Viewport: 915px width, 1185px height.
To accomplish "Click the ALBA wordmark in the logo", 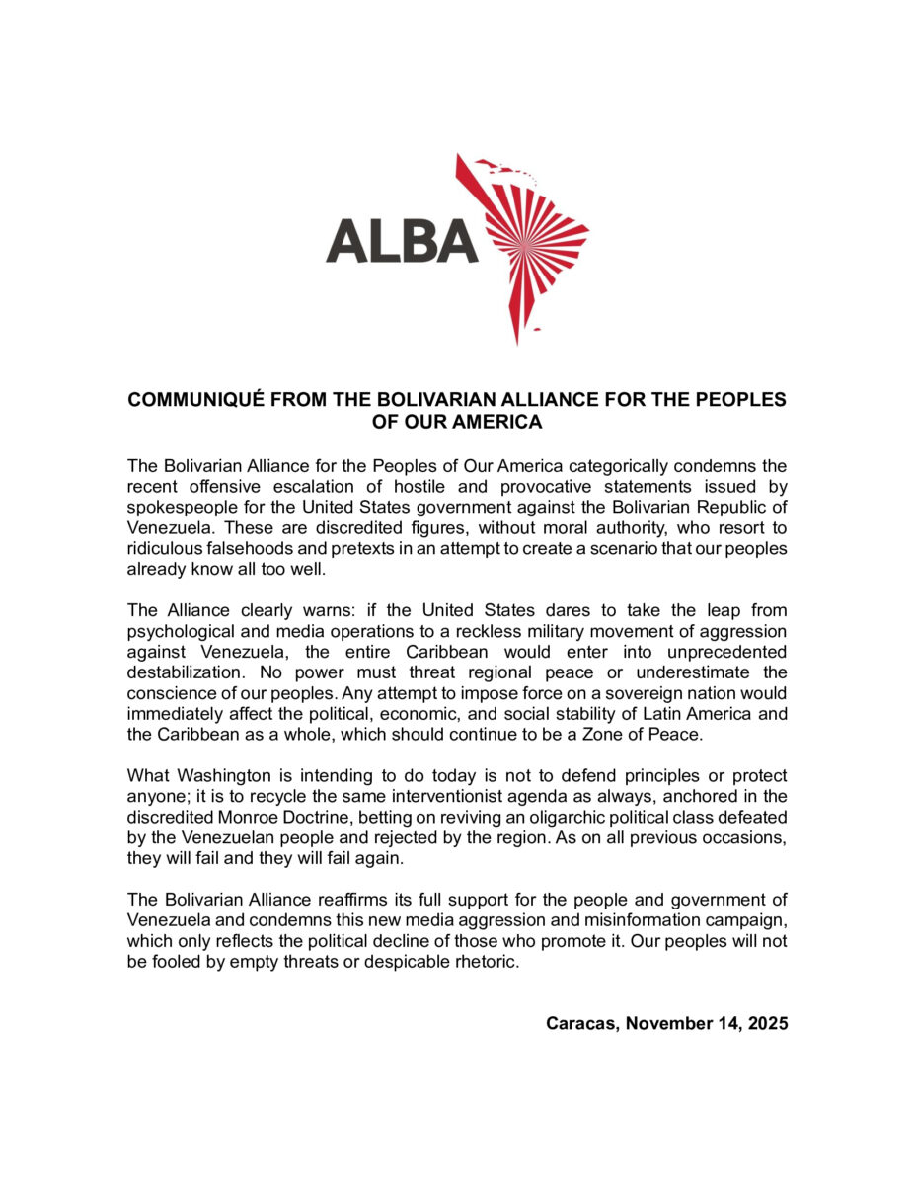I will (402, 241).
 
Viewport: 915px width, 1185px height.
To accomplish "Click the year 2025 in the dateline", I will (767, 1024).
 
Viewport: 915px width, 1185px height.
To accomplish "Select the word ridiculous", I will (163, 550).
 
